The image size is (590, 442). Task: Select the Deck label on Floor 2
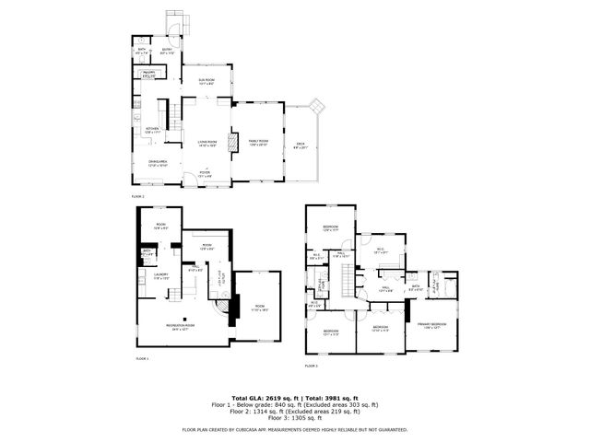point(300,144)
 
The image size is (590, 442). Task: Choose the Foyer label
point(205,173)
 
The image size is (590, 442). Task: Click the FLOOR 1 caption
point(142,357)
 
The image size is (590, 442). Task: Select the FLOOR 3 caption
point(312,366)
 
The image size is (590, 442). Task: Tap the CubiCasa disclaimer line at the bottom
point(294,429)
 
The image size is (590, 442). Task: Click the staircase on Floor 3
point(348,275)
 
